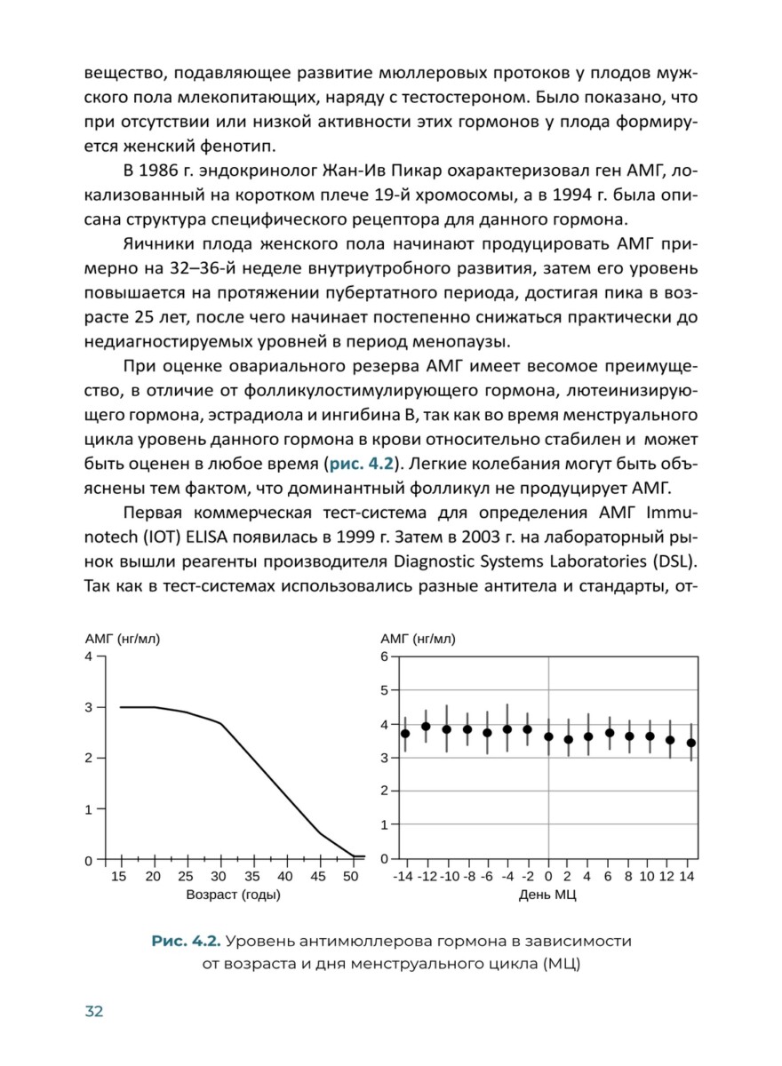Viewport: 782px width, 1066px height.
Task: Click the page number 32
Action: (x=94, y=1011)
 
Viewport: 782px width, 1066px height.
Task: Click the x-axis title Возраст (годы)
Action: (x=233, y=895)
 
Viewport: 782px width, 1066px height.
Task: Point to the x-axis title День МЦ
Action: (x=547, y=895)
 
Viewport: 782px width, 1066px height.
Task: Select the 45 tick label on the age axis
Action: (x=318, y=878)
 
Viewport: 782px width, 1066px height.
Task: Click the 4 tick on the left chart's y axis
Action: (x=88, y=656)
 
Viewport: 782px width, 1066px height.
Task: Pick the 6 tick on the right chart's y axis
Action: (x=384, y=656)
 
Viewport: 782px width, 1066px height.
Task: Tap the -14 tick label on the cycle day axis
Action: (x=403, y=878)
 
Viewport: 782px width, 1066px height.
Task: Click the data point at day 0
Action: (x=548, y=736)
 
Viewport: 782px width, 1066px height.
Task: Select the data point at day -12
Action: (x=426, y=727)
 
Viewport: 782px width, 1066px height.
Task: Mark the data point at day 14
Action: (x=691, y=743)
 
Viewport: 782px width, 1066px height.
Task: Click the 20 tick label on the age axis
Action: (x=153, y=878)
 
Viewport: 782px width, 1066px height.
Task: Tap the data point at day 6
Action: (x=610, y=733)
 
